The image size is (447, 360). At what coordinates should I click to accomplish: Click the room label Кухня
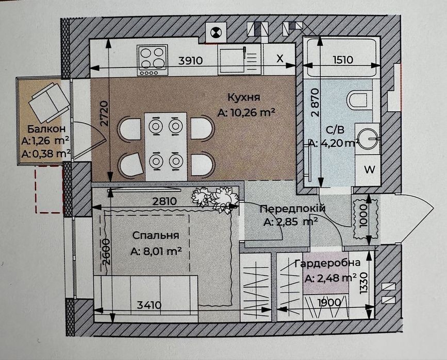(x=244, y=97)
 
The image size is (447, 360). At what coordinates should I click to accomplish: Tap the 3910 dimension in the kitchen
(x=190, y=60)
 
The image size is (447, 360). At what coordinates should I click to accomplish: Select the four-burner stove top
(x=152, y=60)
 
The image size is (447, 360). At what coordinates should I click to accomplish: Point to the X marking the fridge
(x=280, y=58)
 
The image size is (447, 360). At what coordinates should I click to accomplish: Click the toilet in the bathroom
(x=358, y=100)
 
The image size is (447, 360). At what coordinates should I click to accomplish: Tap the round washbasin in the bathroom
(x=367, y=139)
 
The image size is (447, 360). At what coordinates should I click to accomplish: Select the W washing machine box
(x=370, y=170)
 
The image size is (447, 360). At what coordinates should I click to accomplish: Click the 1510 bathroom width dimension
(x=343, y=60)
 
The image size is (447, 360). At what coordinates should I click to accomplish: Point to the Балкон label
(x=46, y=129)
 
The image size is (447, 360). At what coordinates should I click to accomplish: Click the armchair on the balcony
(x=49, y=101)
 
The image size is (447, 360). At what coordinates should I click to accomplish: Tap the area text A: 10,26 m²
(x=246, y=113)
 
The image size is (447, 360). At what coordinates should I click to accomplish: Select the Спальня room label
(x=156, y=235)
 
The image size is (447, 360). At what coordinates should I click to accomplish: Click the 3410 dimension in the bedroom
(x=149, y=305)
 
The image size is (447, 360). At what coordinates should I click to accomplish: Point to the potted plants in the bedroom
(x=215, y=198)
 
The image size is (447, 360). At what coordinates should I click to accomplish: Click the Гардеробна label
(x=327, y=263)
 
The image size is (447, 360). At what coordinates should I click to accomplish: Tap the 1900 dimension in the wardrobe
(x=329, y=302)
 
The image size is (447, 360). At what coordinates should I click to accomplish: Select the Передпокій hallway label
(x=292, y=209)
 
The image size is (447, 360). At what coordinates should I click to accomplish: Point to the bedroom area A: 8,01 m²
(x=156, y=251)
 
